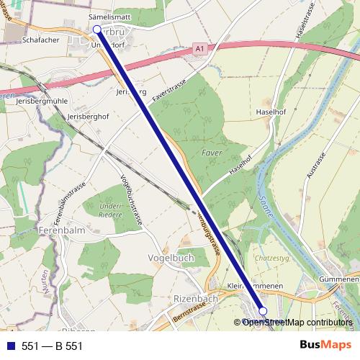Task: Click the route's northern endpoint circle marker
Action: [97, 30]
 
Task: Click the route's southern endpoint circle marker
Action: [263, 311]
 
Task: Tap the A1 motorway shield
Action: [198, 49]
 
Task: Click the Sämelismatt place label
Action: [108, 14]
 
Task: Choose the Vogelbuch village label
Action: [170, 258]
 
